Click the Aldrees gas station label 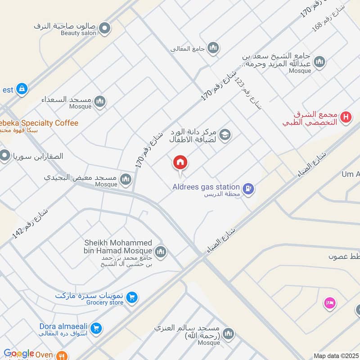(206, 187)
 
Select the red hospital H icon (346, 117)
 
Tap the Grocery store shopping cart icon (132, 297)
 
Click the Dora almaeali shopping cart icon (95, 329)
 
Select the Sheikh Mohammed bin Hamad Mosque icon (161, 252)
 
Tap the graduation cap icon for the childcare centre (225, 134)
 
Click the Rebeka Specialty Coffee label (38, 123)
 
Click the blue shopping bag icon (21, 89)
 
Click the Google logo (19, 354)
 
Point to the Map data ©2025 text (335, 355)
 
